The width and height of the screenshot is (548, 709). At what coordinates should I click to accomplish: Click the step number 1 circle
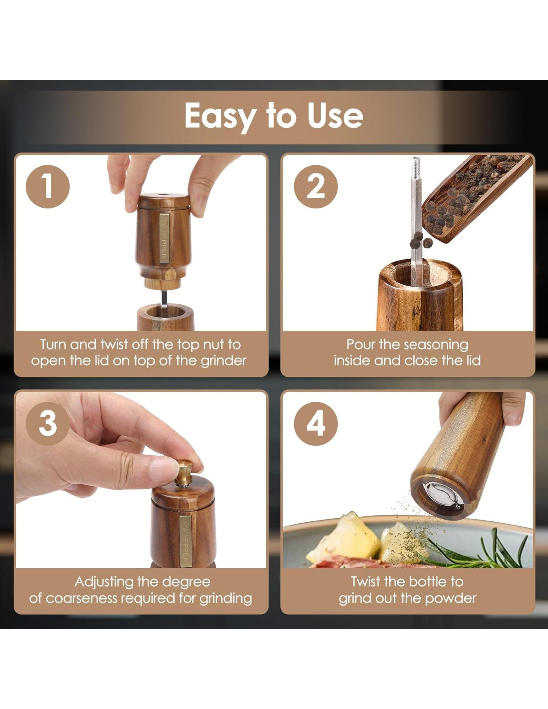pos(48,186)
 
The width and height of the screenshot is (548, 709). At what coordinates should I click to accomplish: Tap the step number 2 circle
pos(315,186)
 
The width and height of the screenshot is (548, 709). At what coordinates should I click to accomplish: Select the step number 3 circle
pos(48,423)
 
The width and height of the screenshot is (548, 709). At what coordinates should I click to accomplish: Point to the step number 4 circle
pos(315,423)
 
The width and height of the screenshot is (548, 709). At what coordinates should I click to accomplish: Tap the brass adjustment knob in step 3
pos(184,473)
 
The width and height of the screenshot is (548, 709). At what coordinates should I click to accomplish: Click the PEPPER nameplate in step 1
pos(164,238)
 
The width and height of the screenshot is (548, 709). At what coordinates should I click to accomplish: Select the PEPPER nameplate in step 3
pos(185,541)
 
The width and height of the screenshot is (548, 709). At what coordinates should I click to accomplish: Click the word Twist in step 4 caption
pos(365,582)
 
